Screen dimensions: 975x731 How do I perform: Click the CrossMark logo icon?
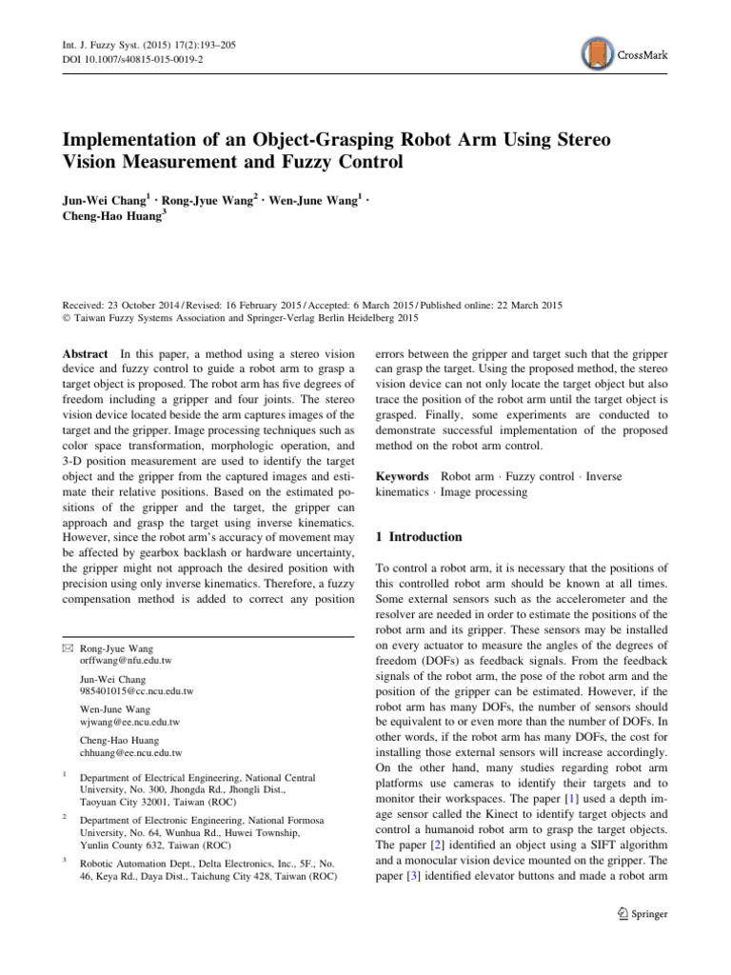[597, 54]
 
